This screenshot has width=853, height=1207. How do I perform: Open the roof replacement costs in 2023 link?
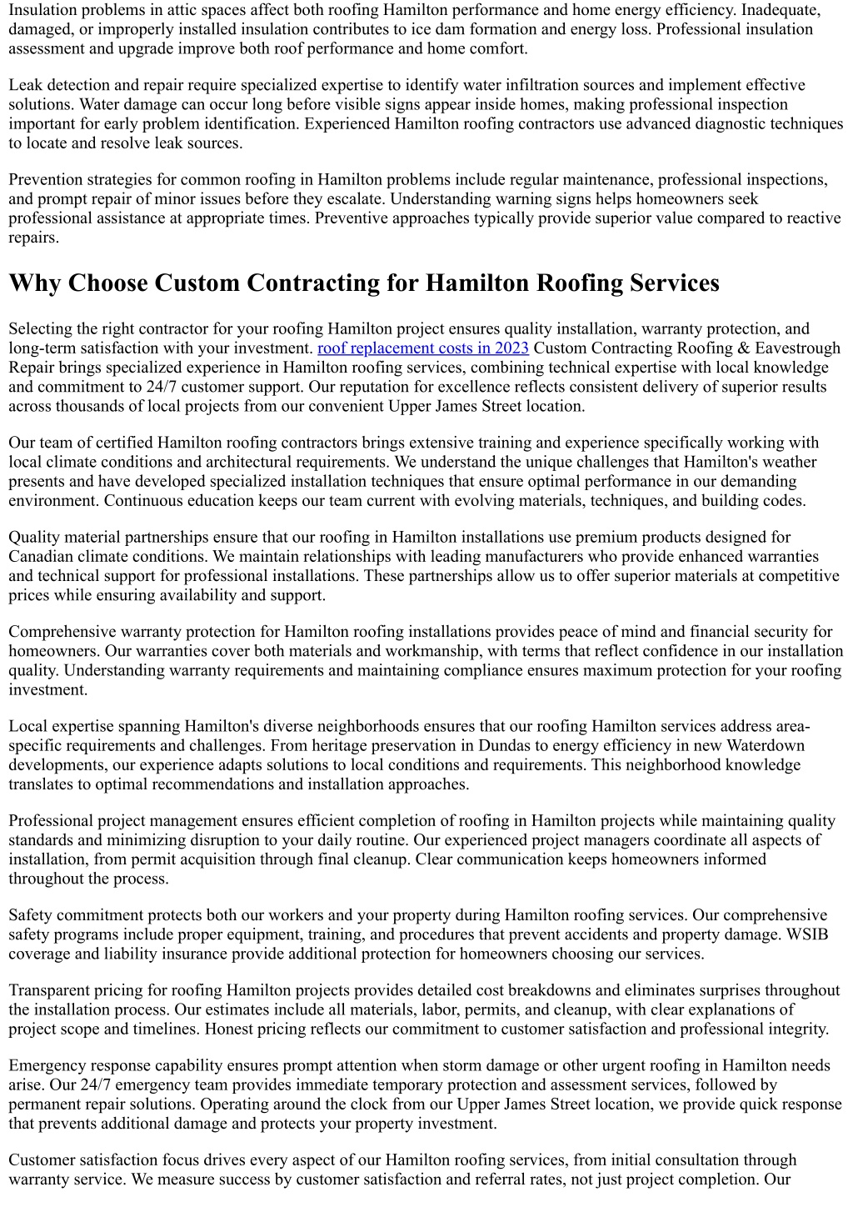click(422, 348)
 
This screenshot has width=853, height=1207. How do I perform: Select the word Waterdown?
click(766, 746)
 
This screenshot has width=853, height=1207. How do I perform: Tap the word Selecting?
click(41, 329)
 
